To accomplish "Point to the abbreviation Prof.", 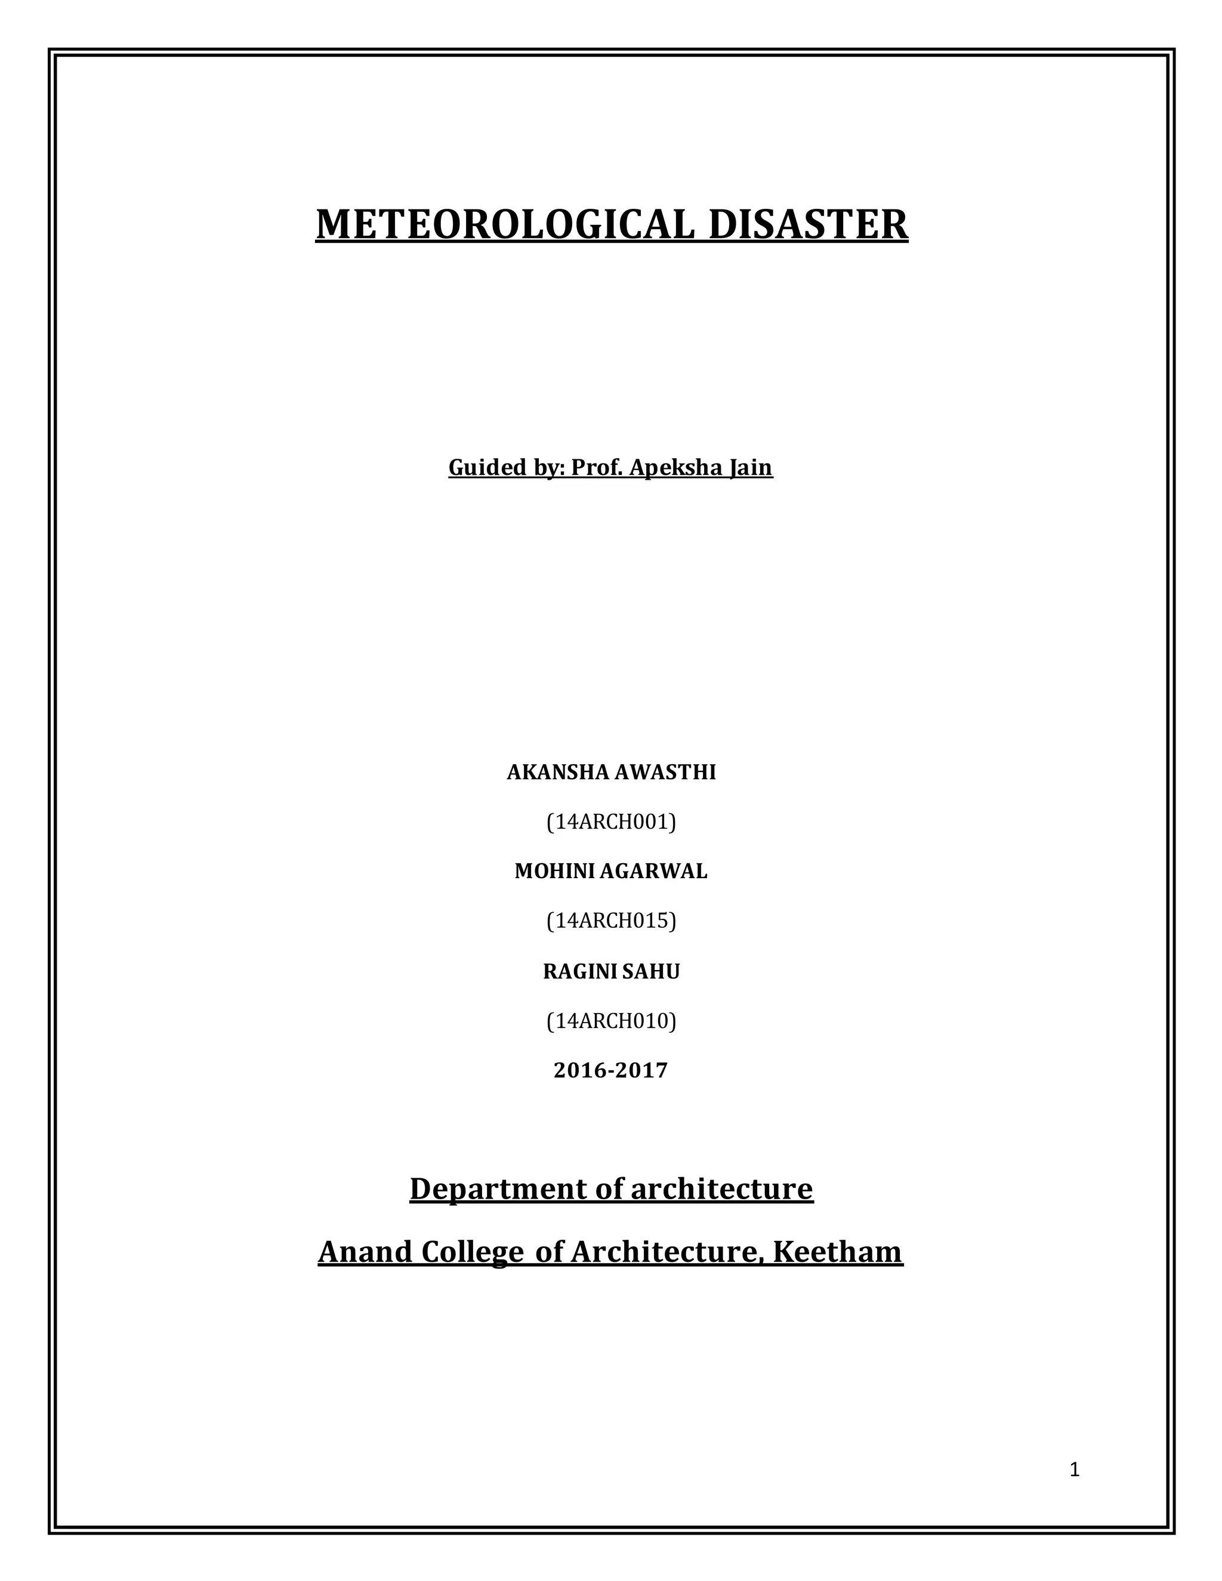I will [597, 468].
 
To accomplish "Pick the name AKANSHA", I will [557, 773].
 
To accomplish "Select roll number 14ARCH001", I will [611, 822].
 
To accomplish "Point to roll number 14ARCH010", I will [611, 1021].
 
